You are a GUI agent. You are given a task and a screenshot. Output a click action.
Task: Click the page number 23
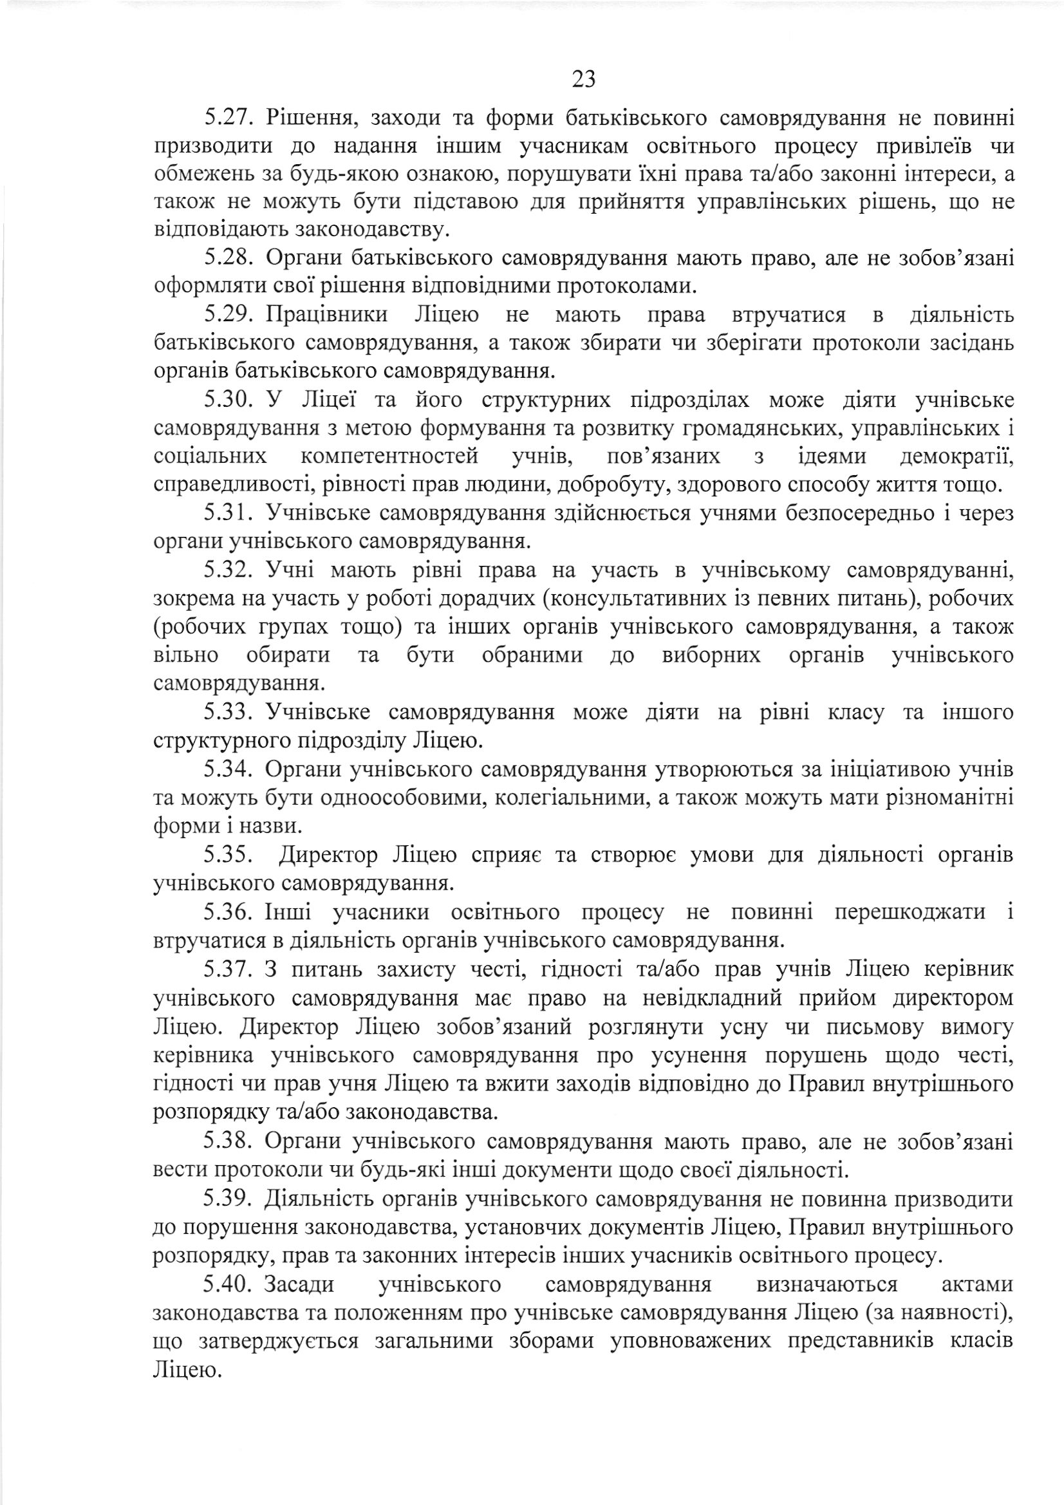(x=583, y=79)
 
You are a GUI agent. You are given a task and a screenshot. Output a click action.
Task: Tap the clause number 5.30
(x=227, y=399)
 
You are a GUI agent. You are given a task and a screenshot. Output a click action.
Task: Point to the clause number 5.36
(x=227, y=911)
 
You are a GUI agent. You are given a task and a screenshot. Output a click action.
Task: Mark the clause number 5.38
(x=227, y=1141)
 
